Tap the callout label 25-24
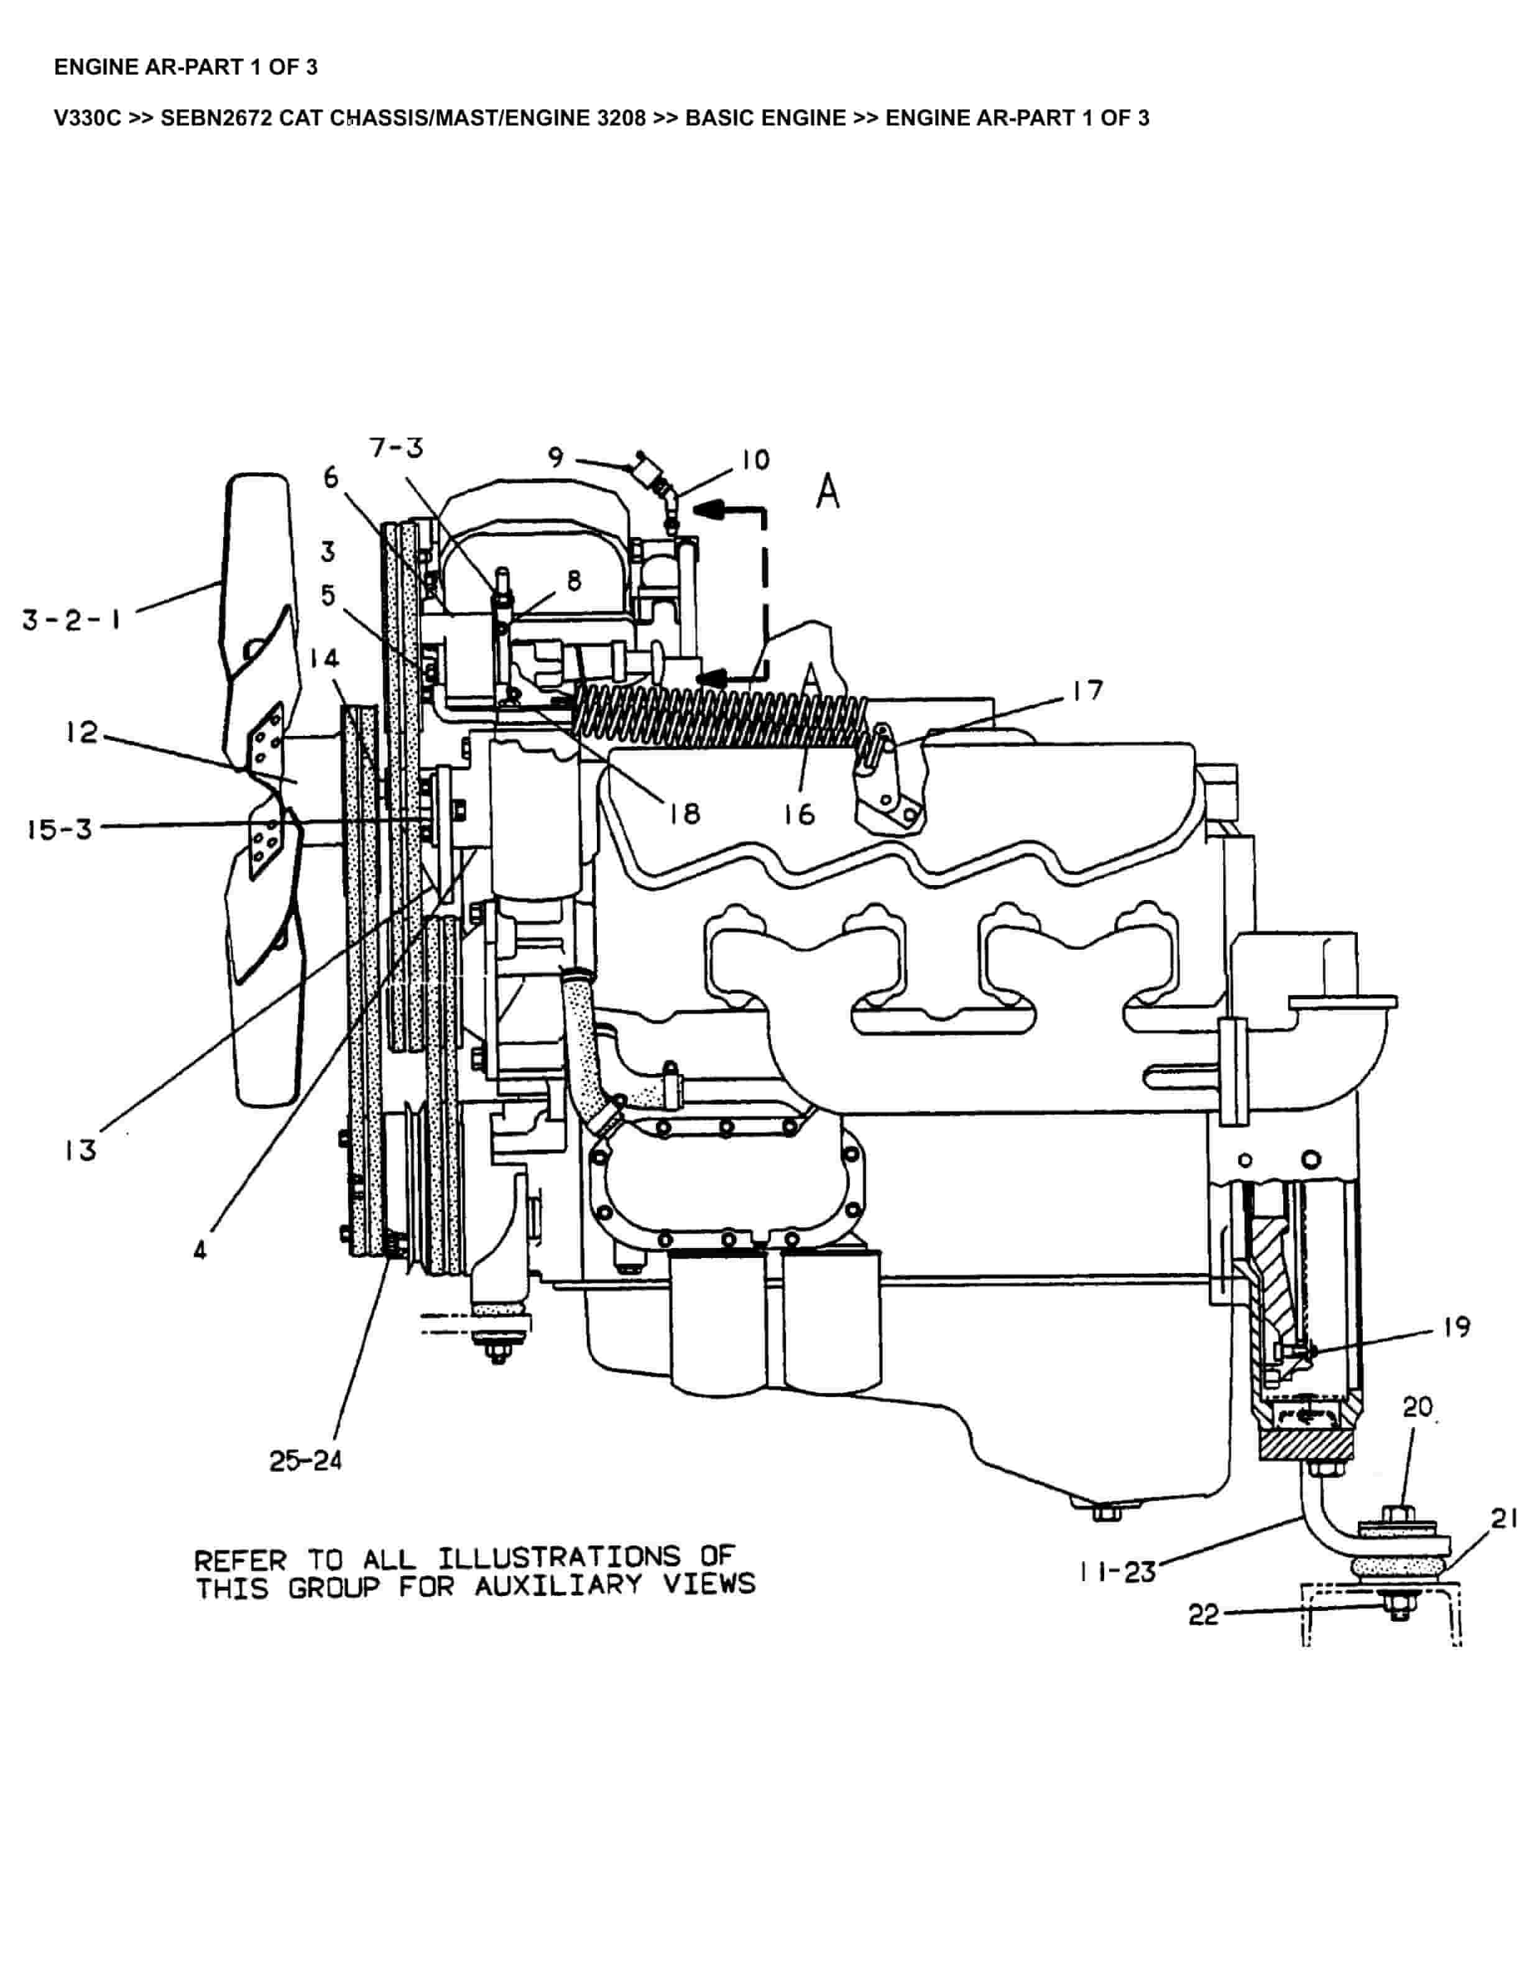306,1461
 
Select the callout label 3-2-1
72,620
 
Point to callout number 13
80,1150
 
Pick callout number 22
1204,1613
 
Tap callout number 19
1456,1327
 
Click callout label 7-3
396,448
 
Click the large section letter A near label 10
827,493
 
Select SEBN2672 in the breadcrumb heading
216,118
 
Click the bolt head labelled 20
1388,1512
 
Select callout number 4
200,1251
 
